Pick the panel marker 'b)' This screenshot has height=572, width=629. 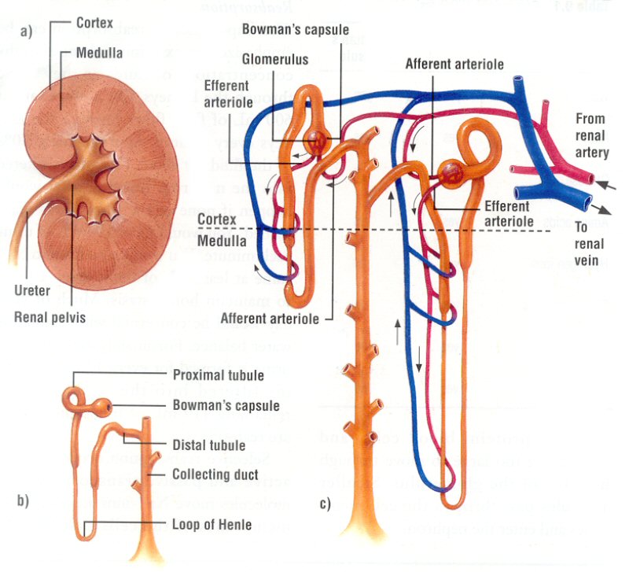[x=24, y=501]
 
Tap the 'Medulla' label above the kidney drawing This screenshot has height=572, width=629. [x=98, y=54]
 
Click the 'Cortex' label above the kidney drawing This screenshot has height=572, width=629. [x=95, y=23]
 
